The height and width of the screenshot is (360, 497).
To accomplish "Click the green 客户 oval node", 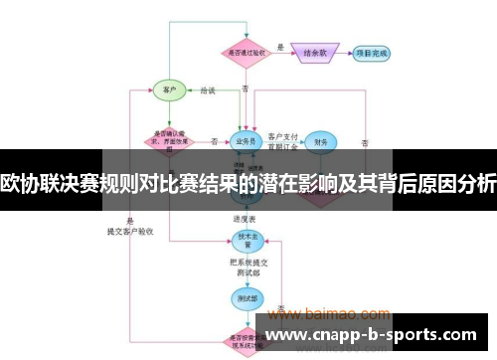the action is pos(169,90).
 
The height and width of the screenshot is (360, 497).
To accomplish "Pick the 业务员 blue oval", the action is pos(245,141).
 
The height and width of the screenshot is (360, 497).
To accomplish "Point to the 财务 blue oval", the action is pos(320,142).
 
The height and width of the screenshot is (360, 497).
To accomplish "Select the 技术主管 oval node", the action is pos(245,239).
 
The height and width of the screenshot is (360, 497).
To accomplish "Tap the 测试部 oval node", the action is pos(245,295).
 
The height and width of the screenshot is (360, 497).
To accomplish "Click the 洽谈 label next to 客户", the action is pos(207,90).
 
